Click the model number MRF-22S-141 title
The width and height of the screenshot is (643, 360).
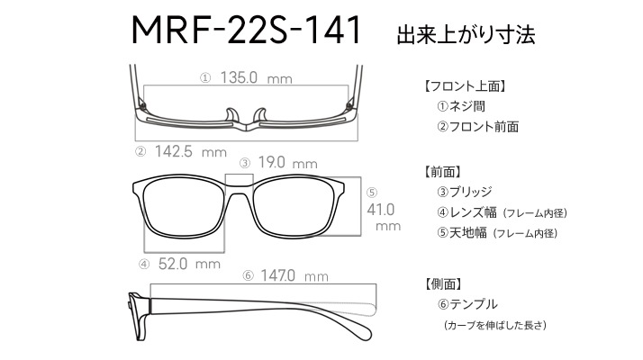[x=246, y=30]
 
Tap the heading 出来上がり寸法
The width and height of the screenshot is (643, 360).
[x=466, y=34]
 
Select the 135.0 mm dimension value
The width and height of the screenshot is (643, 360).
[x=257, y=77]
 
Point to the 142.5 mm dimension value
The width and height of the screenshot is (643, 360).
[x=191, y=152]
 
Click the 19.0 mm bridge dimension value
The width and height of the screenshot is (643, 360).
[x=288, y=163]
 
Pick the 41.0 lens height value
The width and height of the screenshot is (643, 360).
[x=381, y=210]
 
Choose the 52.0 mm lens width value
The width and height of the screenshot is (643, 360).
[x=189, y=264]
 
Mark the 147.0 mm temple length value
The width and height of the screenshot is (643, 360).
[x=294, y=275]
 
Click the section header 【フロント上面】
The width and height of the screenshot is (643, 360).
[x=464, y=86]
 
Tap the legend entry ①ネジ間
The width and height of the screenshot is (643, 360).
[x=461, y=106]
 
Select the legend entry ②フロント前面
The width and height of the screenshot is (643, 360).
[x=477, y=127]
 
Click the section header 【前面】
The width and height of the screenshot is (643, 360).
[x=441, y=172]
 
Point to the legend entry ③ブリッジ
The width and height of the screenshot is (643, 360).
[x=464, y=192]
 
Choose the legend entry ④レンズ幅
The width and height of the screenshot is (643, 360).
[x=466, y=212]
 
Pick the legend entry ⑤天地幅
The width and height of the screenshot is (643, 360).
[x=462, y=233]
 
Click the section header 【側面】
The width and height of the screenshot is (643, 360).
[x=441, y=283]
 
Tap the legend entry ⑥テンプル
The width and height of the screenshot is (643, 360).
[x=467, y=304]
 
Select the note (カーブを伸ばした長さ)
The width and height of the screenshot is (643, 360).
[x=494, y=325]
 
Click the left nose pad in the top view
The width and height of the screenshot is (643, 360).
[x=232, y=115]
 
